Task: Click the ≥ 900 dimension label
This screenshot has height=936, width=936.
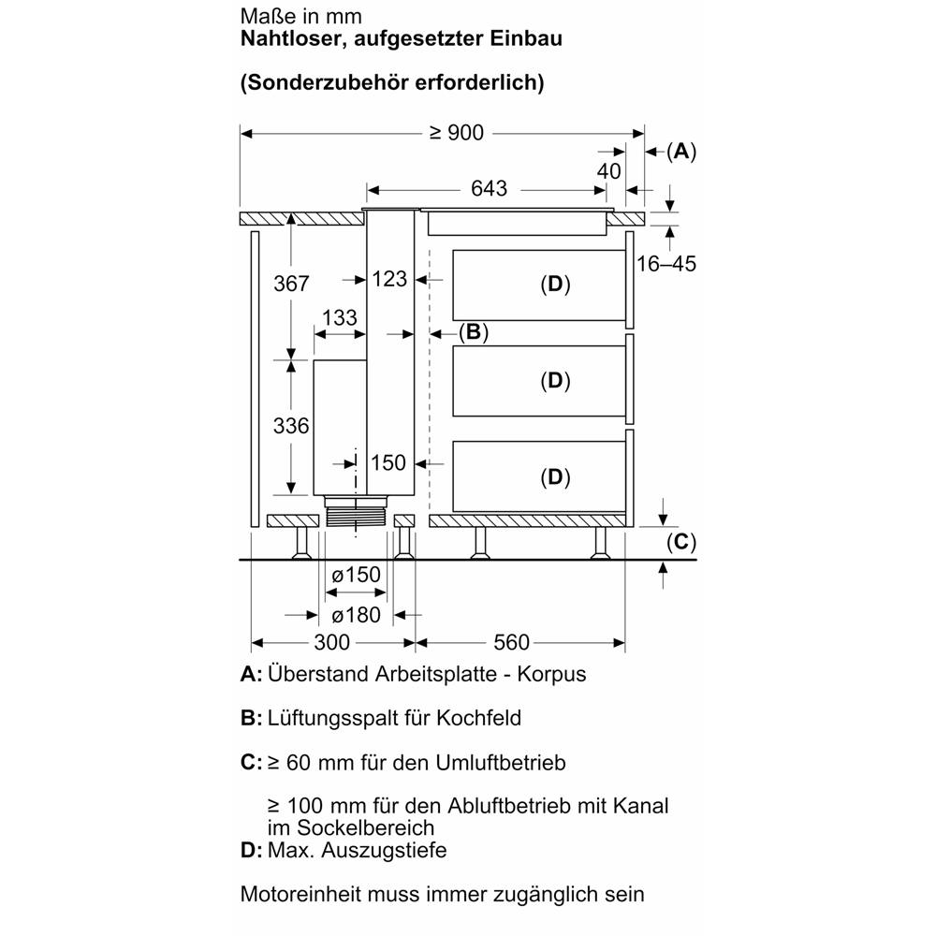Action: (x=457, y=134)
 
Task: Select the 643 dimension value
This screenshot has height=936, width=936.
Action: (x=489, y=189)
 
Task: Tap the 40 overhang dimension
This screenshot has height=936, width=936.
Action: (x=608, y=171)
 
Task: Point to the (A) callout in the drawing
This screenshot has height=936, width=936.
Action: (x=681, y=150)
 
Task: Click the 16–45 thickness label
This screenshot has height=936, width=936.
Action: (x=666, y=264)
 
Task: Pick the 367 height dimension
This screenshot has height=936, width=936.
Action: (x=292, y=284)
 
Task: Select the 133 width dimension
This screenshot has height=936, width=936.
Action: (x=339, y=318)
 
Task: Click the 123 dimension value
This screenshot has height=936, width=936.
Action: (x=389, y=279)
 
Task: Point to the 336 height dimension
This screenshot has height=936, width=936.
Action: (x=292, y=427)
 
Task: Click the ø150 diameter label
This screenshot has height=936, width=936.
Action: (x=357, y=575)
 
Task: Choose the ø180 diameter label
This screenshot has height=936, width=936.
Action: (x=357, y=615)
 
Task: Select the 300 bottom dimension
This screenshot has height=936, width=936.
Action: (x=331, y=643)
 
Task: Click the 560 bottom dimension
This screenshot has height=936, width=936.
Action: (x=512, y=643)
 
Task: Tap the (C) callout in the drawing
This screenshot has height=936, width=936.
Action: (x=681, y=541)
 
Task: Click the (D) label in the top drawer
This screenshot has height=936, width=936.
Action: (x=555, y=285)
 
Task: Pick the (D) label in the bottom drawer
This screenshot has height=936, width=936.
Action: (x=555, y=477)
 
